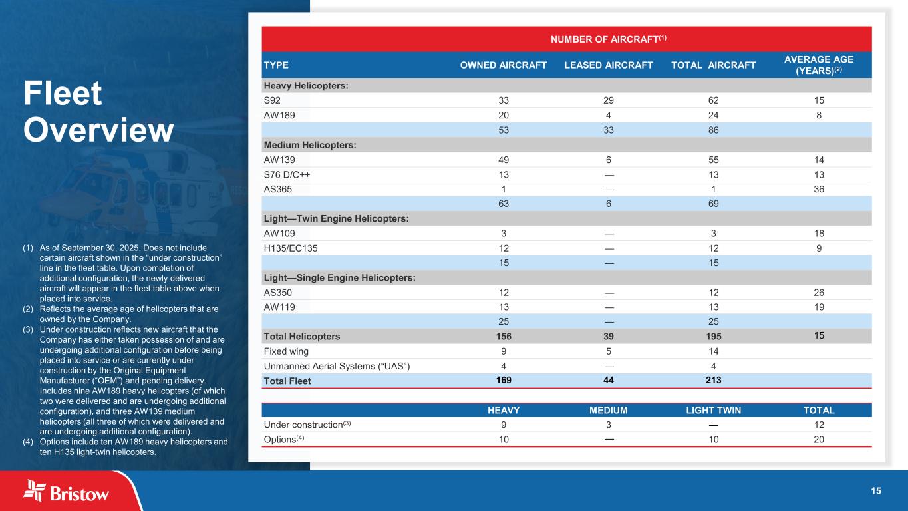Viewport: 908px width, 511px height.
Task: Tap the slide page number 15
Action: click(876, 491)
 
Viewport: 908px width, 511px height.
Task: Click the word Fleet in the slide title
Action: click(63, 94)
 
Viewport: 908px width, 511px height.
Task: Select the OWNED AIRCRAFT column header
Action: click(504, 65)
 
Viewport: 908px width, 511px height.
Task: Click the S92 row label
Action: click(272, 100)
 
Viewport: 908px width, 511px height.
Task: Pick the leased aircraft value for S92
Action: click(608, 100)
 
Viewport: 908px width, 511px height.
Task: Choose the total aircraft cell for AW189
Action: click(713, 114)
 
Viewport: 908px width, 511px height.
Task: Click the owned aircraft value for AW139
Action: click(504, 160)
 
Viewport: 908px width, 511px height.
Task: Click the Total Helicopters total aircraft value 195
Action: click(713, 337)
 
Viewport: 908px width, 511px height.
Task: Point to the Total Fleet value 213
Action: click(713, 381)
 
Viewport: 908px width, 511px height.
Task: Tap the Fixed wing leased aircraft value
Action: click(608, 351)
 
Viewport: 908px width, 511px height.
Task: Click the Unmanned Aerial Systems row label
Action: click(337, 365)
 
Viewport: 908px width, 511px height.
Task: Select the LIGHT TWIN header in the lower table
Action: click(713, 410)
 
